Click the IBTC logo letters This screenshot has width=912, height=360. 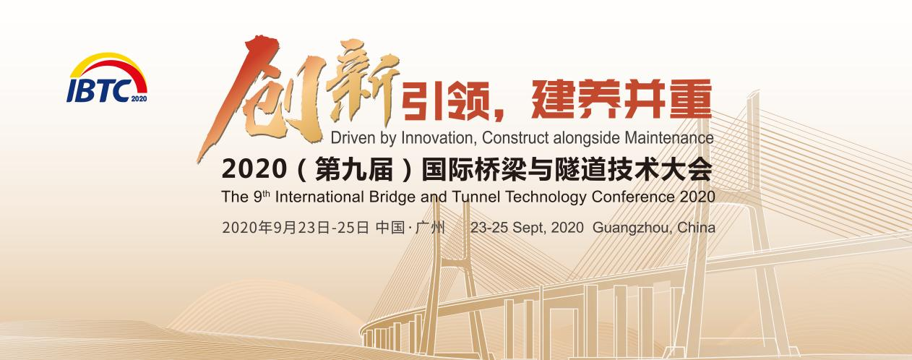click(x=98, y=90)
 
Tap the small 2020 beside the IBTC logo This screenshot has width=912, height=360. click(x=139, y=98)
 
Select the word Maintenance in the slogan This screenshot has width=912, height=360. click(x=669, y=137)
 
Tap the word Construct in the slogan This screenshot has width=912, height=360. click(x=515, y=138)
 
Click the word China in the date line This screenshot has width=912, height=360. click(x=696, y=227)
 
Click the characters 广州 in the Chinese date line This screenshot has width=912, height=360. click(x=430, y=227)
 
